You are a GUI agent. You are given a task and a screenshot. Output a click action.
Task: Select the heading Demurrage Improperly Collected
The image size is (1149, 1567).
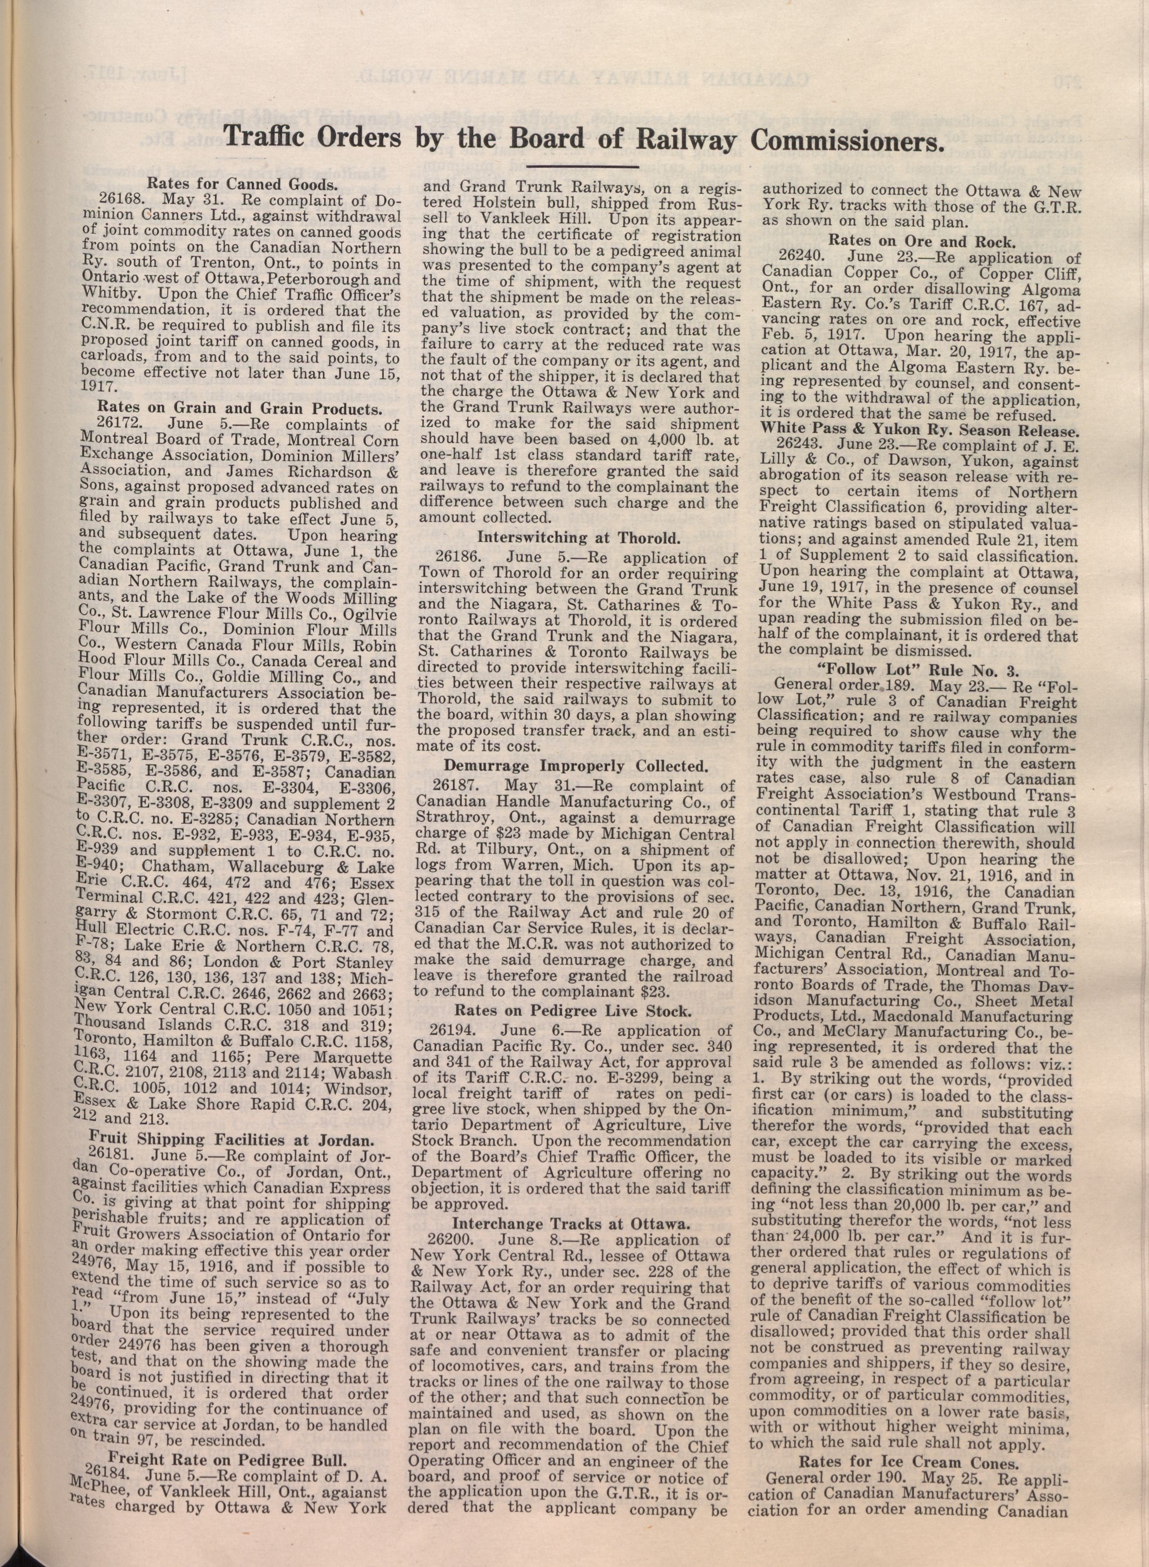(x=576, y=767)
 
